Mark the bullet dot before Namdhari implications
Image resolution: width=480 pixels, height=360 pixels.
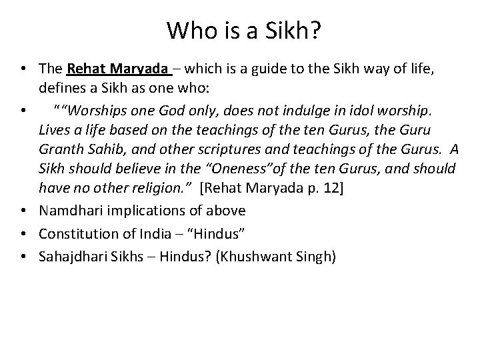24,211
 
